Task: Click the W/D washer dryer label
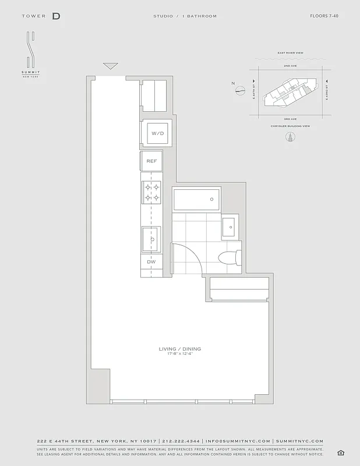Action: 157,133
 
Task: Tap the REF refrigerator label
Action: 151,161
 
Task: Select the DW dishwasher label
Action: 151,262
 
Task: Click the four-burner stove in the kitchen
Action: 151,193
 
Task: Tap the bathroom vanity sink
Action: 230,225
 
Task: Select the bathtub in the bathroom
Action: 196,199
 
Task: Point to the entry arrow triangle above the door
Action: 110,66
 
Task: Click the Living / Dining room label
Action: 180,349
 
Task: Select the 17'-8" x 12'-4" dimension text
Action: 180,354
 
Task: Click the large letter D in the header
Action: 56,16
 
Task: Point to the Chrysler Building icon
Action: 289,137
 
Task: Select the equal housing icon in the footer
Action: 341,453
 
